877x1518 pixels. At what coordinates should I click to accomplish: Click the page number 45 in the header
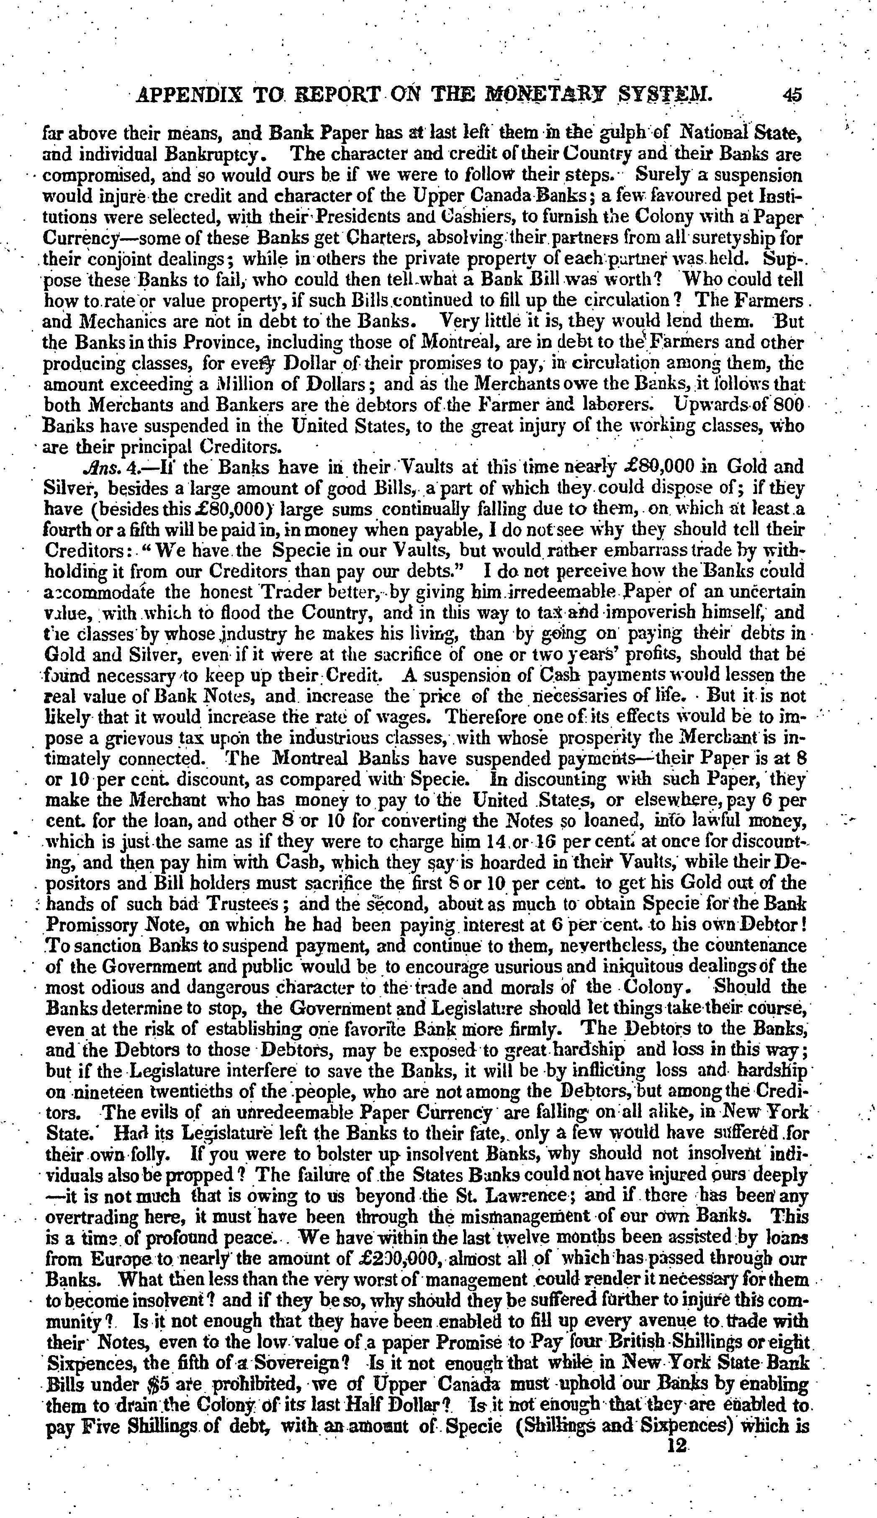click(x=793, y=95)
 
